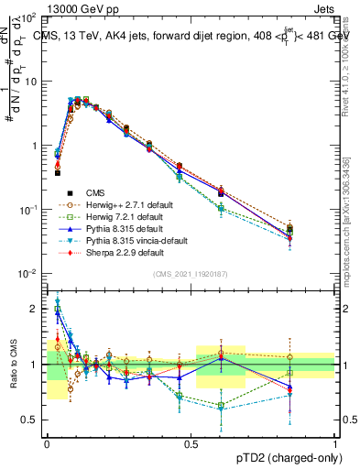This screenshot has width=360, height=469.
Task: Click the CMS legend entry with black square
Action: tap(97, 192)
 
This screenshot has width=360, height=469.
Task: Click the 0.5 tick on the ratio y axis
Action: tap(31, 420)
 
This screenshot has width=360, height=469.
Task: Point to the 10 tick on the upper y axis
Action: tap(30, 82)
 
